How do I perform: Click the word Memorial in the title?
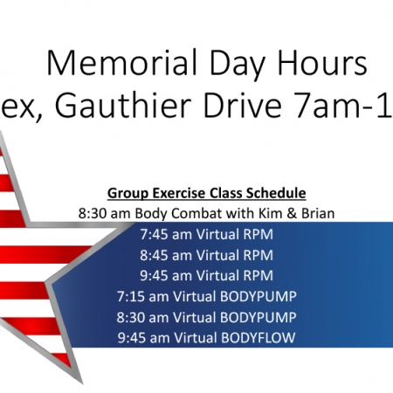(121, 63)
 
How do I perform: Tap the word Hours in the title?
(322, 63)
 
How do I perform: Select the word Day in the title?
(238, 66)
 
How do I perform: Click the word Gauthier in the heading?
(123, 105)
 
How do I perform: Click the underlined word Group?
(128, 194)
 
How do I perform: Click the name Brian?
(318, 213)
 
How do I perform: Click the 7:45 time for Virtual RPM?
(154, 234)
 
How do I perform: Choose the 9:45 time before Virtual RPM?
(154, 276)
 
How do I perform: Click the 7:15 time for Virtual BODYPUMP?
(131, 297)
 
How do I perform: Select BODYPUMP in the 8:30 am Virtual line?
(259, 317)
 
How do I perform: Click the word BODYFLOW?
(259, 338)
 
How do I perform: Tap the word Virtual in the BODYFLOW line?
(196, 338)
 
